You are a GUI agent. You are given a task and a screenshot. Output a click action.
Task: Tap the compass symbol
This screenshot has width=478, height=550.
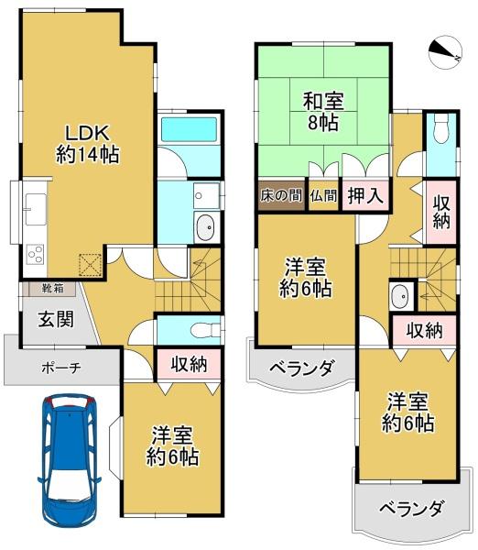446,52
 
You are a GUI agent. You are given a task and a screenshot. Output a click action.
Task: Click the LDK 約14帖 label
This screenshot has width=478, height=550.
88,144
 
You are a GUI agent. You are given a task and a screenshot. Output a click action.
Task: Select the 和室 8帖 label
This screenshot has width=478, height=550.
323,111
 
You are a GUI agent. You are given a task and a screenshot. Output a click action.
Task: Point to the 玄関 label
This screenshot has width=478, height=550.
56,319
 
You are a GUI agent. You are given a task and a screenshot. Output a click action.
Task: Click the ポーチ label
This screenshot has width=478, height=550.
61,368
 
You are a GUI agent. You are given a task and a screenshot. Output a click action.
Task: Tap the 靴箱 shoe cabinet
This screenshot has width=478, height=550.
52,289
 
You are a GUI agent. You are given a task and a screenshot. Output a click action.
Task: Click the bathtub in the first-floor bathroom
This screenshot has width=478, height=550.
190,130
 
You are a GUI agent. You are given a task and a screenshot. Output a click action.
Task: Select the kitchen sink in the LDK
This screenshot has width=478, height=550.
36,209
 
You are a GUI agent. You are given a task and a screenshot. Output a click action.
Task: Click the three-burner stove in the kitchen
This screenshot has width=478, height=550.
35,254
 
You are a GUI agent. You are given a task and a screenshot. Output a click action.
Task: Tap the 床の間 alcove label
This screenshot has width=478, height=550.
281,195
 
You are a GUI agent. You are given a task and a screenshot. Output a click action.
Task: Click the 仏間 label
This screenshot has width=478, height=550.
323,196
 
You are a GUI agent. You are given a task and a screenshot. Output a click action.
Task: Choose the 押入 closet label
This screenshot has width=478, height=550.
365,195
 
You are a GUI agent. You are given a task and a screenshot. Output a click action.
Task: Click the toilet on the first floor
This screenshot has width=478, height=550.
205,330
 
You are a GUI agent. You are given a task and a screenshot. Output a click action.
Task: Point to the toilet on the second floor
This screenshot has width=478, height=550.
440,129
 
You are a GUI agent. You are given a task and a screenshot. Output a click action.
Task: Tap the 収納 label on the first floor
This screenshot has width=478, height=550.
189,365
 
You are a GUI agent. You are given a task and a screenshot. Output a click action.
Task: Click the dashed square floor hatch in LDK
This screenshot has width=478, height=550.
91,265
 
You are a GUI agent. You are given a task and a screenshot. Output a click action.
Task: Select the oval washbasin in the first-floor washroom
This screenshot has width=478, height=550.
206,227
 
